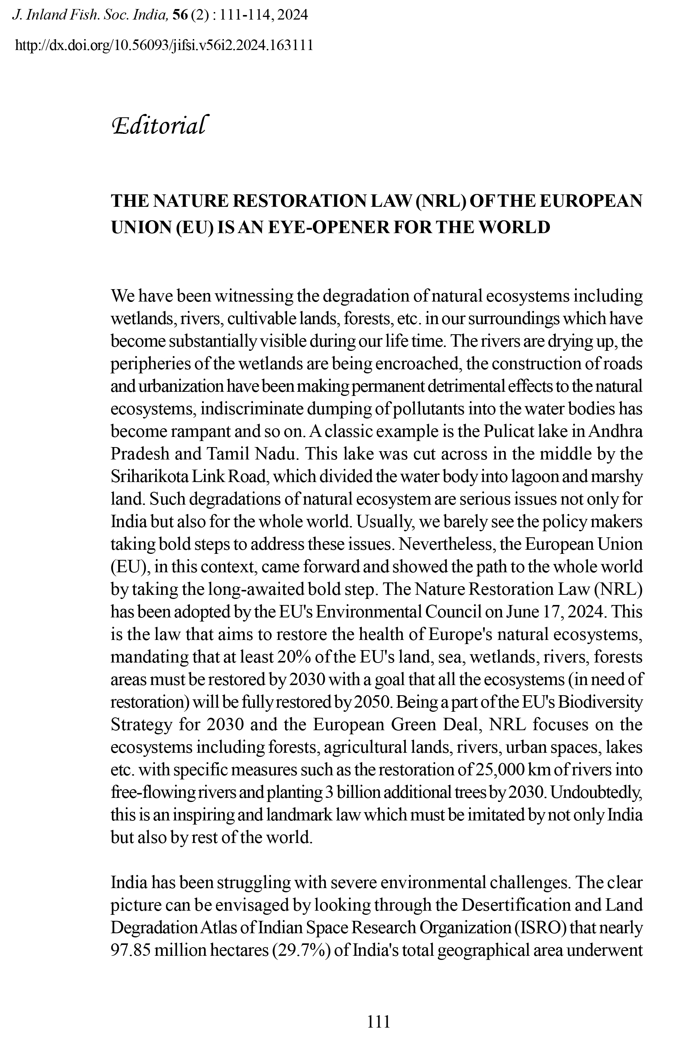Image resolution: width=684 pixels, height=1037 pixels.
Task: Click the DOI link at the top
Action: tap(164, 45)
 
